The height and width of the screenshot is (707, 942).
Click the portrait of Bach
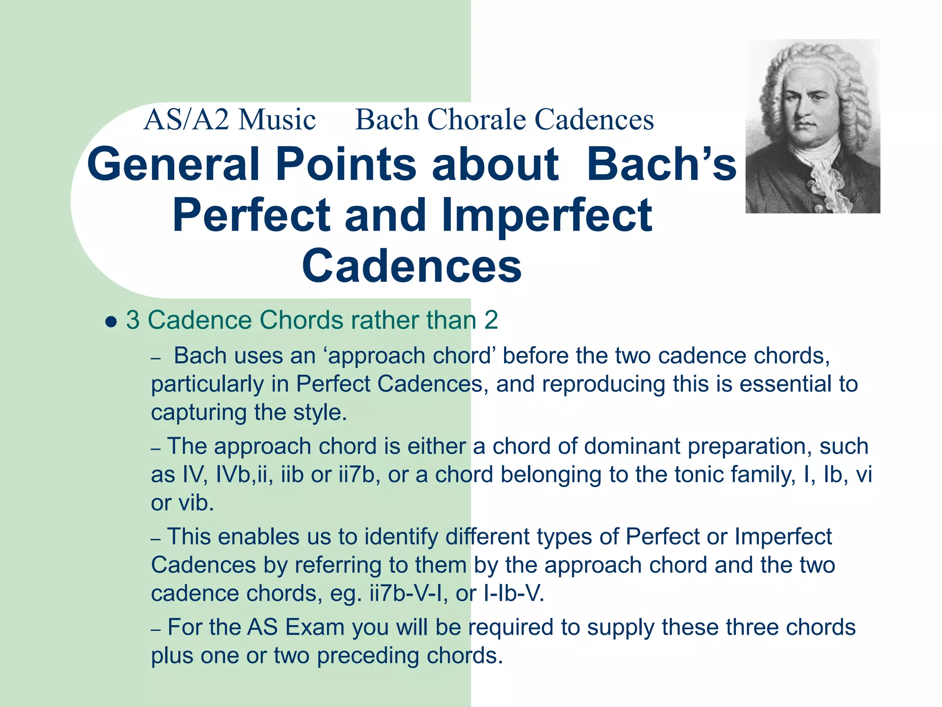pyautogui.click(x=812, y=126)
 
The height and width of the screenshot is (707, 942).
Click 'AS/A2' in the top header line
pyautogui.click(x=186, y=120)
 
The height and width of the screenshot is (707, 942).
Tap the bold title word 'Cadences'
pyautogui.click(x=412, y=266)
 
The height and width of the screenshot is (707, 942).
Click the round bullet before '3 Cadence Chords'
pyautogui.click(x=110, y=321)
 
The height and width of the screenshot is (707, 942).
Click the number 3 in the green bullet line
pyautogui.click(x=132, y=320)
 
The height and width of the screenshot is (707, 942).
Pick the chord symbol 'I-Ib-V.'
pyautogui.click(x=514, y=593)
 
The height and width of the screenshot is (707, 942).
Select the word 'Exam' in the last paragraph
pyautogui.click(x=314, y=627)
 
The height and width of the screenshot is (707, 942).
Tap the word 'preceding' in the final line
pyautogui.click(x=368, y=656)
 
